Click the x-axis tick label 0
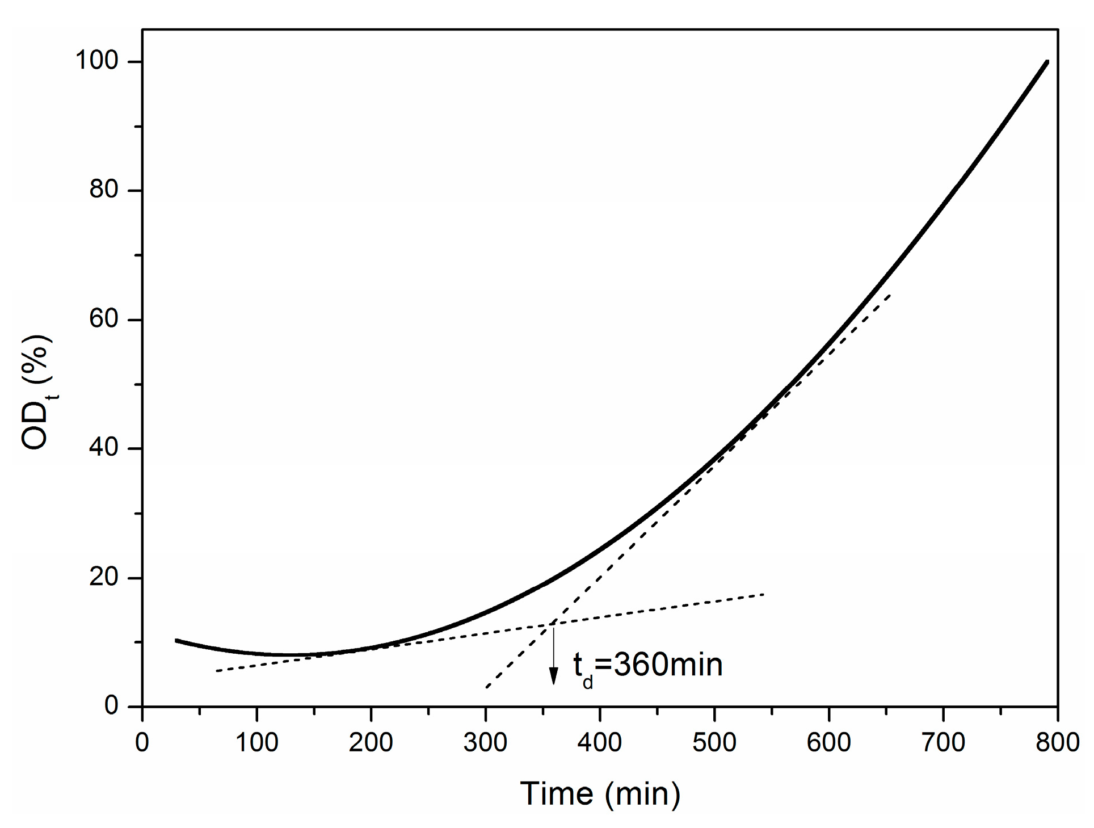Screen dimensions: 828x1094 click(142, 742)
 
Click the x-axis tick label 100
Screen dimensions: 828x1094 click(256, 742)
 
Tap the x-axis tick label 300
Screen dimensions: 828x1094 click(485, 742)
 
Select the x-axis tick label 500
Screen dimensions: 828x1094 click(714, 742)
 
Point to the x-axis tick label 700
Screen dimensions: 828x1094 click(942, 742)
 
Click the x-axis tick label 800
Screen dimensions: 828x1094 click(1057, 742)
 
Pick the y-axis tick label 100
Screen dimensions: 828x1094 click(97, 61)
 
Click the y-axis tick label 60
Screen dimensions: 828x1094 click(104, 319)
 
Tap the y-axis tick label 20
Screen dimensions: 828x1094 click(104, 577)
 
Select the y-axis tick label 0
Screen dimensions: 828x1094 click(111, 706)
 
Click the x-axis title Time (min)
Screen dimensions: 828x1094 click(600, 794)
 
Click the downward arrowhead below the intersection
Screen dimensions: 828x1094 click(553, 677)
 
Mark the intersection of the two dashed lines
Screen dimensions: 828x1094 click(550, 625)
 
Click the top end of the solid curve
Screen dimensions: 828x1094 click(1047, 62)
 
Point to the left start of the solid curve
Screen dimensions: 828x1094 click(176, 640)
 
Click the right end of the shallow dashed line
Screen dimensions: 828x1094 click(764, 594)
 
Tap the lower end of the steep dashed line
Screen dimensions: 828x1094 click(486, 688)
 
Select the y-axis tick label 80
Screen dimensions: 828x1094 click(104, 190)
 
